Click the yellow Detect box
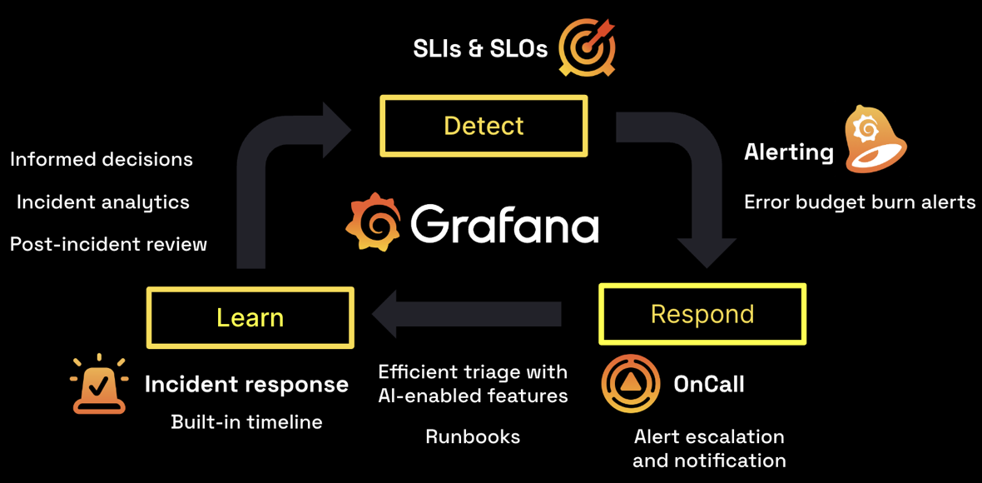pos(484,126)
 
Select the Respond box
pos(702,314)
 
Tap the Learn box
pos(250,317)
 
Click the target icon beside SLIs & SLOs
pos(588,47)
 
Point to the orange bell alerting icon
pos(874,139)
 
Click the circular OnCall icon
pos(631,384)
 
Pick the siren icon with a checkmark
pos(99,385)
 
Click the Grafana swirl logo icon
pos(373,222)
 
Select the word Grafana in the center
pos(504,223)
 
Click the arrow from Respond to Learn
pos(466,315)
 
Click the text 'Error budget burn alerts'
pos(859,202)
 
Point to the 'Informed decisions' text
pos(102,159)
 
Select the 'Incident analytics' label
pos(103,202)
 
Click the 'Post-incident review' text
pos(108,244)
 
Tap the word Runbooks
pos(473,436)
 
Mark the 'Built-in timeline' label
pos(246,422)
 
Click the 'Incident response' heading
pos(246,384)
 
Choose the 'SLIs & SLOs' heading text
pos(480,48)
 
